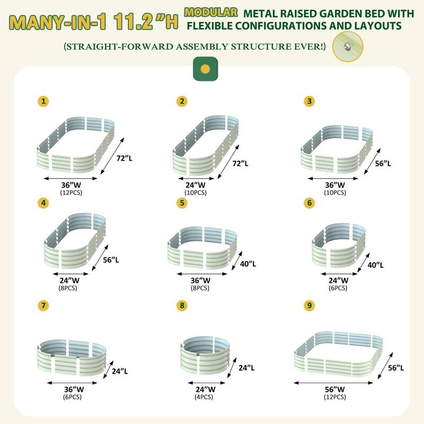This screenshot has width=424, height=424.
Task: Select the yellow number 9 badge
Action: point(307,305)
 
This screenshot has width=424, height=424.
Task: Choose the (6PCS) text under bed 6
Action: point(338,288)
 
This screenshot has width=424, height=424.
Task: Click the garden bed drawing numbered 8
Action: point(204,356)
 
